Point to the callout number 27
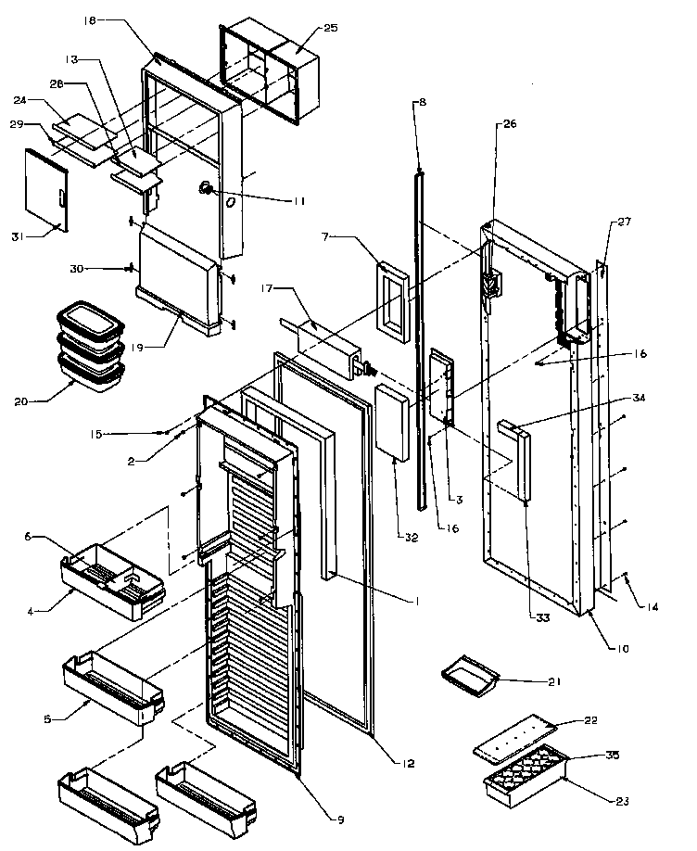[622, 222]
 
